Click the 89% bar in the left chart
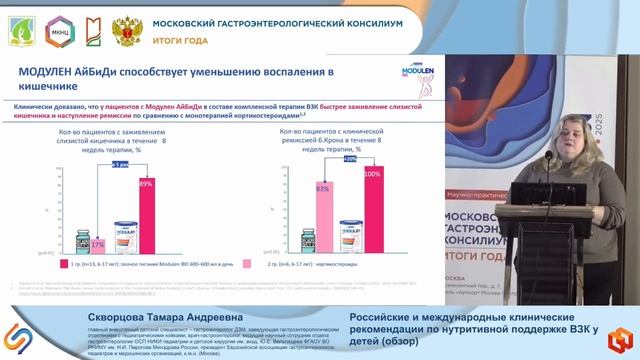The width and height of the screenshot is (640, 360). coord(146,214)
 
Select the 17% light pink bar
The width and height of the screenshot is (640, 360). coord(97,245)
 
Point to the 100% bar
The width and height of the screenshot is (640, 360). coord(373,211)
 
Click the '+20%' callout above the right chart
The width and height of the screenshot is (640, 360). coord(350,158)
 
